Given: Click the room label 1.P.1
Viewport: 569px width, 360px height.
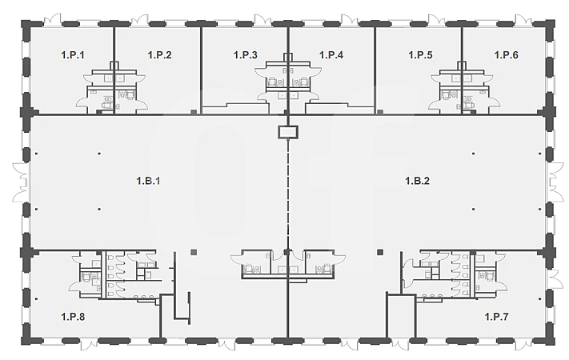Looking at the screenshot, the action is (73, 55).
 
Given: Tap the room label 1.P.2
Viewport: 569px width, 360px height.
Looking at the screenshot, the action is (160, 55).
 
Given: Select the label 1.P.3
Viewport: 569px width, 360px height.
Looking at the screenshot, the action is (246, 55).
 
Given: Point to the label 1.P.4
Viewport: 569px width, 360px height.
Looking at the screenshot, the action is (331, 55).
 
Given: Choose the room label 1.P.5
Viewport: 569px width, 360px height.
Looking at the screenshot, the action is (421, 55).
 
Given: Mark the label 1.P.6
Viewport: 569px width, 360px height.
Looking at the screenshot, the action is (507, 55).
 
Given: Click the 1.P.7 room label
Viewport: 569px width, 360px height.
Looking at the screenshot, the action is (496, 317).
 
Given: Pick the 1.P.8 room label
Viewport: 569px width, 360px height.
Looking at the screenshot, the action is (73, 317).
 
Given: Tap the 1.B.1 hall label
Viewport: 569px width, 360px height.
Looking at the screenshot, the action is (148, 181).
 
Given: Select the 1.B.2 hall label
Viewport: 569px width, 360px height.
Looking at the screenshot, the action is (417, 181).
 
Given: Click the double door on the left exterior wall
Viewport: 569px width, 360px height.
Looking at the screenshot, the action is (21, 182).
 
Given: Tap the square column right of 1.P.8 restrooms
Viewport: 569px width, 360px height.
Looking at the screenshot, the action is (194, 252).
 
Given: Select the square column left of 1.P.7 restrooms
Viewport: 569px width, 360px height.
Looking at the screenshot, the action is (380, 252).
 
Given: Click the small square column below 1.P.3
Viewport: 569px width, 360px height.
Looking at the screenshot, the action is (194, 112).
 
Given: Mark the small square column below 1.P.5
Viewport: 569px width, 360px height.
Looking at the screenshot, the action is (380, 112).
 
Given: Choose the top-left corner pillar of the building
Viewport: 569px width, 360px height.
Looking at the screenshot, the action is (26, 25).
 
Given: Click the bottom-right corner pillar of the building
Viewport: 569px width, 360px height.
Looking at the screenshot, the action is (549, 341).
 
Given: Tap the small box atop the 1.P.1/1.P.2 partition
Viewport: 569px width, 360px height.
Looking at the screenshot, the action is (114, 66).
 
